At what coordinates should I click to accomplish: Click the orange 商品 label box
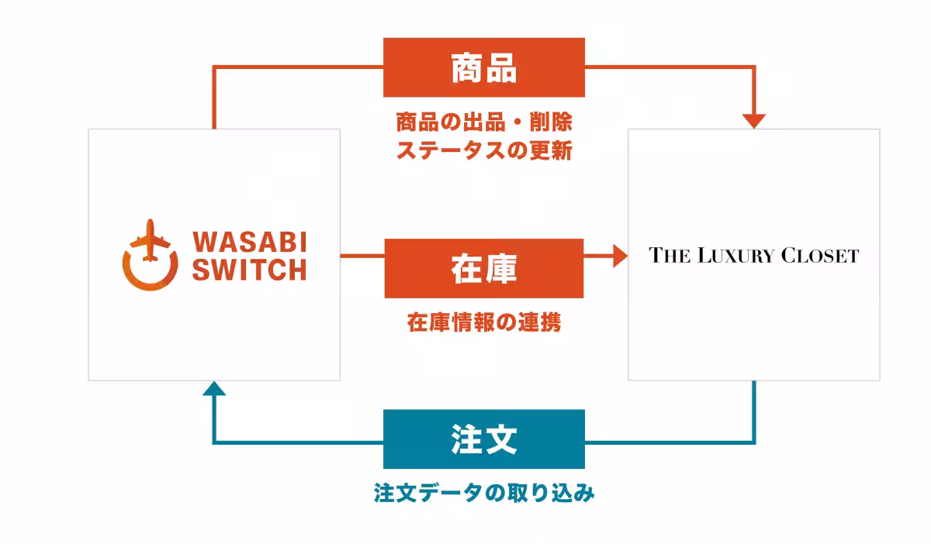pyautogui.click(x=484, y=67)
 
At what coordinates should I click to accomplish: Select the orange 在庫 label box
pyautogui.click(x=484, y=268)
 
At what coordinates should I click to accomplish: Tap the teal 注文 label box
pyautogui.click(x=484, y=439)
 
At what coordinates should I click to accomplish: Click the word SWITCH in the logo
pyautogui.click(x=250, y=270)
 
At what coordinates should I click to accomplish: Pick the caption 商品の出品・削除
pyautogui.click(x=484, y=122)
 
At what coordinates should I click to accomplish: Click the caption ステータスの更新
pyautogui.click(x=484, y=150)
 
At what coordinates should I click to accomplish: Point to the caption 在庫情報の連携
pyautogui.click(x=484, y=323)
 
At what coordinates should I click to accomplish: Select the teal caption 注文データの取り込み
pyautogui.click(x=484, y=493)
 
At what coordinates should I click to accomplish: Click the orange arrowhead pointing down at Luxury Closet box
pyautogui.click(x=754, y=121)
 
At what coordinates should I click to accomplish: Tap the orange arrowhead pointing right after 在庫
pyautogui.click(x=619, y=255)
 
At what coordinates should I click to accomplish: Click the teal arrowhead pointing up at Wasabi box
pyautogui.click(x=214, y=388)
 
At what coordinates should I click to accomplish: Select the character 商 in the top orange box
pyautogui.click(x=467, y=68)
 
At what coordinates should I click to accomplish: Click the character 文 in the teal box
pyautogui.click(x=501, y=439)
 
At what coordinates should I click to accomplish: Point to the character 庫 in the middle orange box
pyautogui.click(x=501, y=268)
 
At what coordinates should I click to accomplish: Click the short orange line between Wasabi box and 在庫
pyautogui.click(x=362, y=255)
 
